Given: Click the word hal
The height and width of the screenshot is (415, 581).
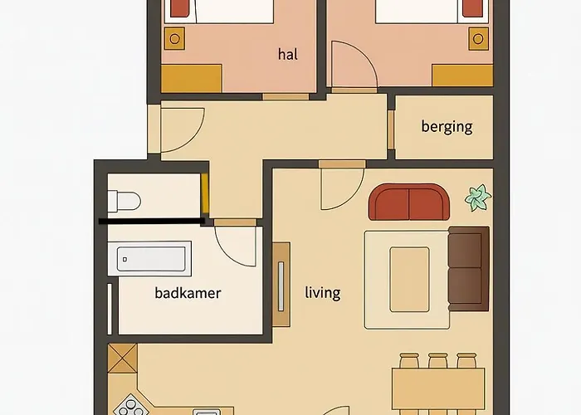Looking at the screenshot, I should point(288,55).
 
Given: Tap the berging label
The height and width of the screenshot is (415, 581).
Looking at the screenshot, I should point(447,127).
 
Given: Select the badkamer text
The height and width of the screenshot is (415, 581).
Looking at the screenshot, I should point(188,293).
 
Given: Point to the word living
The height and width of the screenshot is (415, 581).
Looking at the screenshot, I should point(323,293).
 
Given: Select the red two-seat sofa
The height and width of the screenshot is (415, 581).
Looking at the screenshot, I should point(408,202).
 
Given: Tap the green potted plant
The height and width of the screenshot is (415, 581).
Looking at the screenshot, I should point(478,198).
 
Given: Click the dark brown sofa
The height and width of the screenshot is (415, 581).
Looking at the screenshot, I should point(468,266).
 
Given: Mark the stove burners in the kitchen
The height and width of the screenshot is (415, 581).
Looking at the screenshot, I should point(129,407).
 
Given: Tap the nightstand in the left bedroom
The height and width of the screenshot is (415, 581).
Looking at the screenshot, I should point(174,38).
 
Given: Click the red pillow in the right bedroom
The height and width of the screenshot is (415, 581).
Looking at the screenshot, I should point(471,8).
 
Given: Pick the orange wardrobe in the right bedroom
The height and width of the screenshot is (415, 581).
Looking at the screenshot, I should point(462,75).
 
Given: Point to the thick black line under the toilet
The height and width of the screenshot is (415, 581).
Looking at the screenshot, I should point(152,222).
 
